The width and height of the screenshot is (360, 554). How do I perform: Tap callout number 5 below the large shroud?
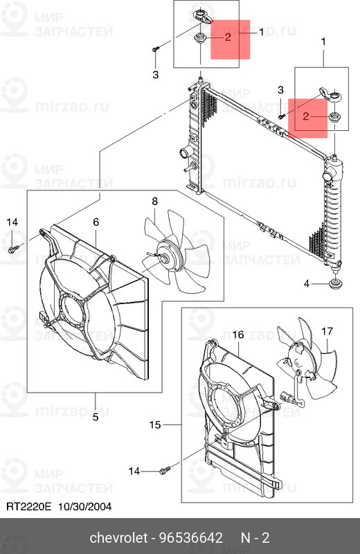pyautogui.click(x=96, y=416)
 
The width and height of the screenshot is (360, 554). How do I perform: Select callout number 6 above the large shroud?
pyautogui.click(x=96, y=222)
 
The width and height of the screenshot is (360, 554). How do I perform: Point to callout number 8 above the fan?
pyautogui.click(x=154, y=202)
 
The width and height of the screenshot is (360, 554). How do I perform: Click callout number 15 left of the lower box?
pyautogui.click(x=155, y=423)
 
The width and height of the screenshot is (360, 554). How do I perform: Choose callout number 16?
pyautogui.click(x=237, y=334)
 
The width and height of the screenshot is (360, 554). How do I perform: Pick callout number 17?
pyautogui.click(x=327, y=331)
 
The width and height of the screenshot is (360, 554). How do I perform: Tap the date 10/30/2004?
pyautogui.click(x=84, y=506)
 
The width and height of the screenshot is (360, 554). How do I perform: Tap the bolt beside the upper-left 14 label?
pyautogui.click(x=13, y=247)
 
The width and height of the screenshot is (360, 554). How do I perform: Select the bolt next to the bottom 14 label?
pyautogui.click(x=164, y=471)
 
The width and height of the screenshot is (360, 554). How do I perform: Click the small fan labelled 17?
pyautogui.click(x=305, y=360)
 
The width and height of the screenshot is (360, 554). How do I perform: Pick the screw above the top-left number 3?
pyautogui.click(x=155, y=48)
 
